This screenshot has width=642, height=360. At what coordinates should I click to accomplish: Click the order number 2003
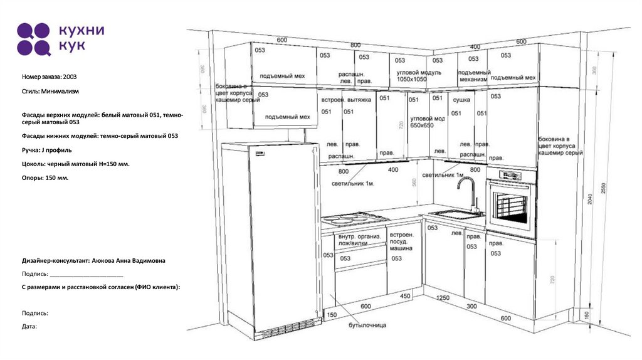click(x=70, y=77)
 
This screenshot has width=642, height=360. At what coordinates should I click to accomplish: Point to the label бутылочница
click(x=368, y=325)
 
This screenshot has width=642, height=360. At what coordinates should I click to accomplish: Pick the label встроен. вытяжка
click(x=346, y=100)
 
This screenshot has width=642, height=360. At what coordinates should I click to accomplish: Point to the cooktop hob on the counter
click(x=354, y=218)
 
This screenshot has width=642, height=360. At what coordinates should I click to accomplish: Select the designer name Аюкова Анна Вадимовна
click(x=129, y=260)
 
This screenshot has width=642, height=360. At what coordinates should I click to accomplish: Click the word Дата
click(x=29, y=326)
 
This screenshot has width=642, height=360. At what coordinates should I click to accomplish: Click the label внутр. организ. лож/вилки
click(x=359, y=240)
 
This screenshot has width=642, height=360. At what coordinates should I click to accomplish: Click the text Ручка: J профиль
click(x=47, y=150)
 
